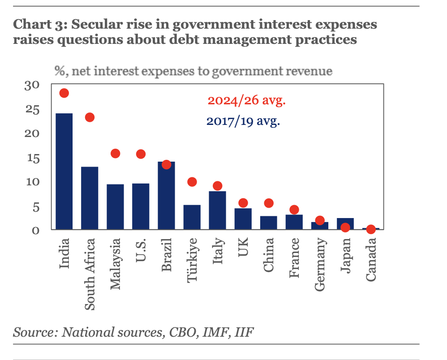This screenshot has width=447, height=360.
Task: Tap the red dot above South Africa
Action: pos(90,117)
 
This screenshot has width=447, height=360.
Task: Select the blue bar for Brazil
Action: pos(166,196)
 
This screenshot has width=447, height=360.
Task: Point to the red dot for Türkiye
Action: pos(192,182)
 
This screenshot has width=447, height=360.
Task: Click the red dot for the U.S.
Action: pos(141,154)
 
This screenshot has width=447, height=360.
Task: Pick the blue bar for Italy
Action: pos(218,210)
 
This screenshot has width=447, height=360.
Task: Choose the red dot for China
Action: pos(269,203)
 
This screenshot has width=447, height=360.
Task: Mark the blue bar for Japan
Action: pos(345,223)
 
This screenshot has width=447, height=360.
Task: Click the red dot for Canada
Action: pos(370,229)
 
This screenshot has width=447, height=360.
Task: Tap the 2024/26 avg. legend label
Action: pos(247,100)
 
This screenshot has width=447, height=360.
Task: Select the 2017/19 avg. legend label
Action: pos(243,121)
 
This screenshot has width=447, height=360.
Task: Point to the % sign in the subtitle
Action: pos(59,71)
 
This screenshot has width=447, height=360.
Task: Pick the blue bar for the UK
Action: pos(243,219)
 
